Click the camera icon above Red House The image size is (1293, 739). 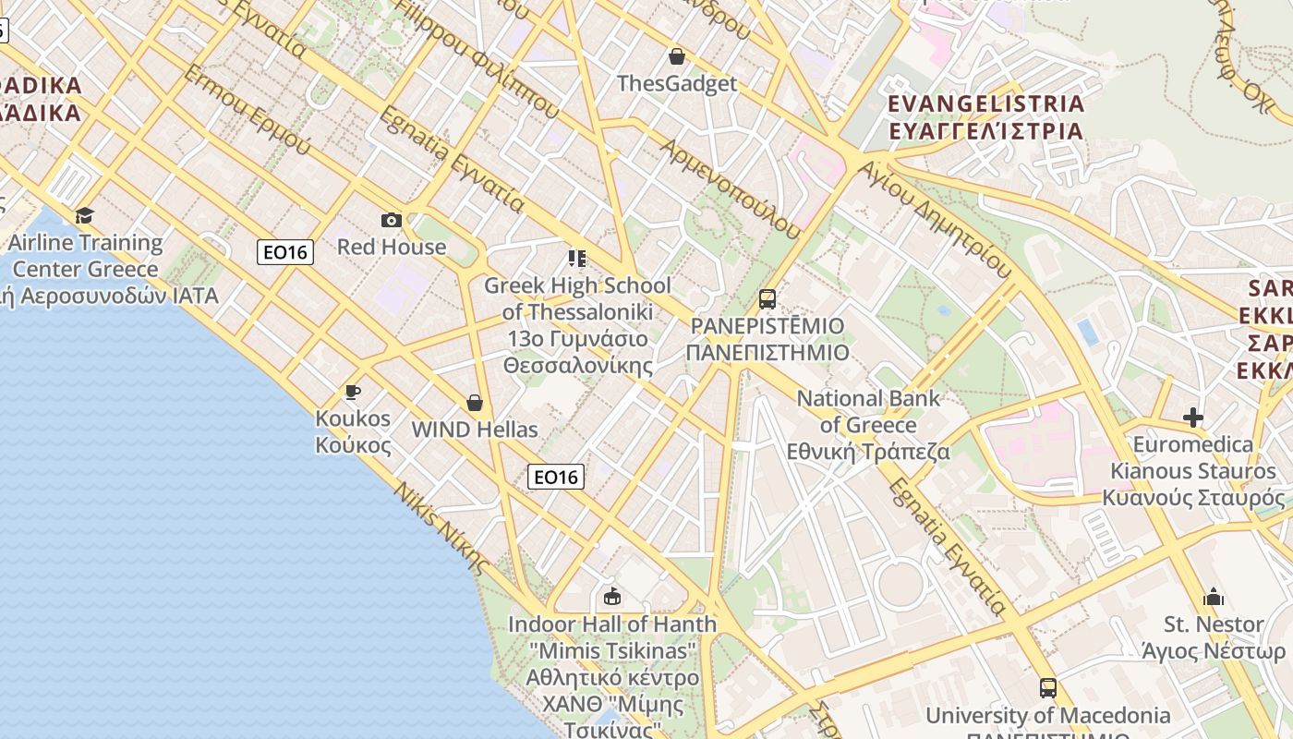pos(392,220)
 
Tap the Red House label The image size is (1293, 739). pos(392,247)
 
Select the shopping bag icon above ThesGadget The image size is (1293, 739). pos(677,56)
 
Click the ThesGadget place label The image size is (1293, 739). pos(677,83)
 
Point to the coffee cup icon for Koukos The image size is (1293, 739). pos(352,392)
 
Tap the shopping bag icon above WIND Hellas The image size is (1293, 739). pos(475,403)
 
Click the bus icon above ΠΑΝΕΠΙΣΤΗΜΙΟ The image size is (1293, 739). pos(767,298)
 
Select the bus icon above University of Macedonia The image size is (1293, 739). pos(1047,688)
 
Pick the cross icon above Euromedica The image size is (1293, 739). pos(1193,418)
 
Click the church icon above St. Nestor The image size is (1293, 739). pos(1214,597)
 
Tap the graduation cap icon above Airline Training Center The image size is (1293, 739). pos(85,215)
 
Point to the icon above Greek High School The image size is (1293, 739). pos(577,258)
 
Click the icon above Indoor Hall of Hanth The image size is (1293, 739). pos(611,597)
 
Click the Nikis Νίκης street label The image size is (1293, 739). pos(441,527)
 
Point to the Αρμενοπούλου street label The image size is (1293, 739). pos(730,189)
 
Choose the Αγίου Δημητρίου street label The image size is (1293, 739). pos(934,219)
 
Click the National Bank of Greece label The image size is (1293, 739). pos(868,425)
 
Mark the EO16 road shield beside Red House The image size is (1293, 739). pos(285,251)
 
